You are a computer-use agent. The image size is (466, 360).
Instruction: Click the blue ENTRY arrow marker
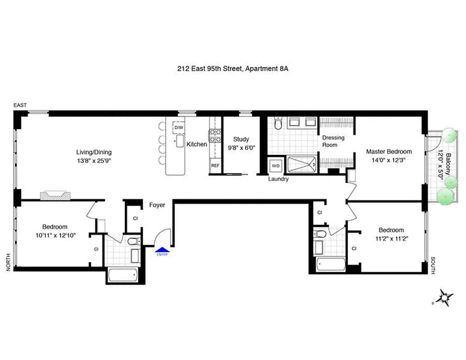(x=161, y=249)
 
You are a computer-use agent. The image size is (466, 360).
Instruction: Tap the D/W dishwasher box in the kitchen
(x=179, y=128)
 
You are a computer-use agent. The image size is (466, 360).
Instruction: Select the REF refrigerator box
(x=215, y=166)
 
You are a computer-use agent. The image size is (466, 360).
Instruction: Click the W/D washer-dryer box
(x=275, y=166)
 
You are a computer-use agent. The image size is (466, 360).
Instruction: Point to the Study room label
(x=241, y=139)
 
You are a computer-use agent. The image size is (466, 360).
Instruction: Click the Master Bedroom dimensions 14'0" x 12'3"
(x=388, y=160)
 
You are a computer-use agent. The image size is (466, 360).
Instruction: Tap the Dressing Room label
(x=333, y=141)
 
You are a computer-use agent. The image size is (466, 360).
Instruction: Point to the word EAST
(x=20, y=105)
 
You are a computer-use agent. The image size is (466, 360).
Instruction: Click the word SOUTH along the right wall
(x=433, y=265)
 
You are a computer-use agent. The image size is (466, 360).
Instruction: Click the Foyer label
(x=157, y=205)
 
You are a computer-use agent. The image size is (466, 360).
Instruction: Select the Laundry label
(x=278, y=179)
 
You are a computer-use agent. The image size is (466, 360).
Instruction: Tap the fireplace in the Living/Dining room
(x=54, y=195)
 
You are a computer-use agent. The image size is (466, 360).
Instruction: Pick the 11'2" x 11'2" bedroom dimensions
(x=390, y=238)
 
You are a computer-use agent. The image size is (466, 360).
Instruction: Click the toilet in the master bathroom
(x=278, y=124)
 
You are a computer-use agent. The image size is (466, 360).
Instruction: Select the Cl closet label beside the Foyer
(x=135, y=219)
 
